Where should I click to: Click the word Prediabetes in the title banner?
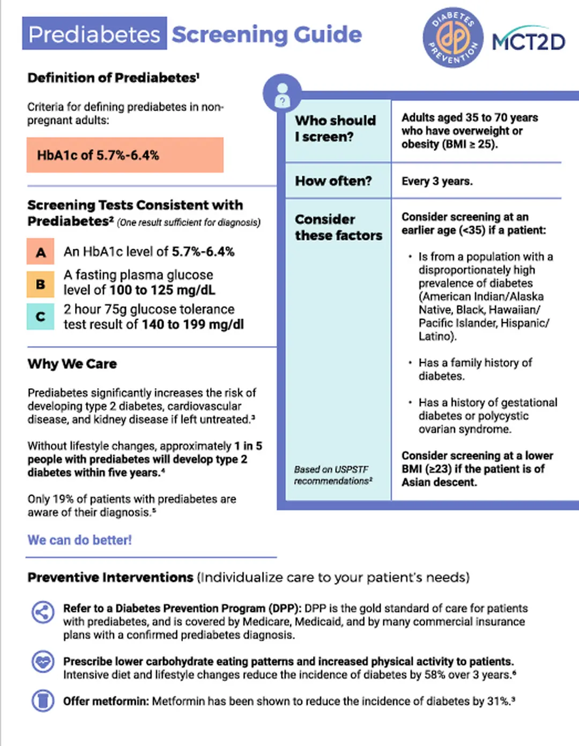94,34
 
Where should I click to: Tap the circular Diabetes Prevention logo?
452,38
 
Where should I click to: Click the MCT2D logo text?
529,41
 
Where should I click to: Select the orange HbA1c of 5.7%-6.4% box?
125,155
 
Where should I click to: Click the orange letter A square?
41,252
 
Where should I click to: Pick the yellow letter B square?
41,284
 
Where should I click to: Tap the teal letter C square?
41,316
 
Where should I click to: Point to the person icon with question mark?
282,94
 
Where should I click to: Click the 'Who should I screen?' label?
335,129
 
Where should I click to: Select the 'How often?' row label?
333,181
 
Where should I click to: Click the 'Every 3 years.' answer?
437,181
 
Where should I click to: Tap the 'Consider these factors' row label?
338,227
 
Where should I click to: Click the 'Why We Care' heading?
72,364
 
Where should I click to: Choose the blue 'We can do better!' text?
79,540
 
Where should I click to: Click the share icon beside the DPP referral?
43,612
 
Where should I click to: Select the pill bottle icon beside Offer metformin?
43,700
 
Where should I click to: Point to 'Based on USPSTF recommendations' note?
333,475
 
